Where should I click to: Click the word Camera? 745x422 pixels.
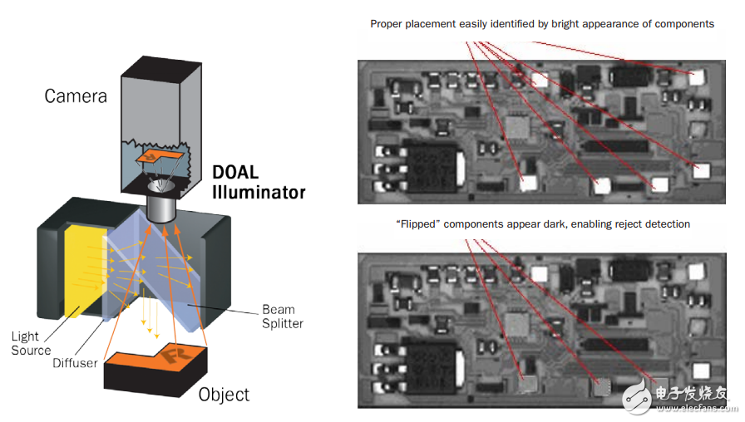(x=76, y=96)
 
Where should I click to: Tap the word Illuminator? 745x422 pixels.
(x=259, y=194)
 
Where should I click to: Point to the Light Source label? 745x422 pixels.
(x=31, y=343)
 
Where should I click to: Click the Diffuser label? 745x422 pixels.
(x=76, y=363)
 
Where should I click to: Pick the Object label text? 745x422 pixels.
(x=224, y=394)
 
